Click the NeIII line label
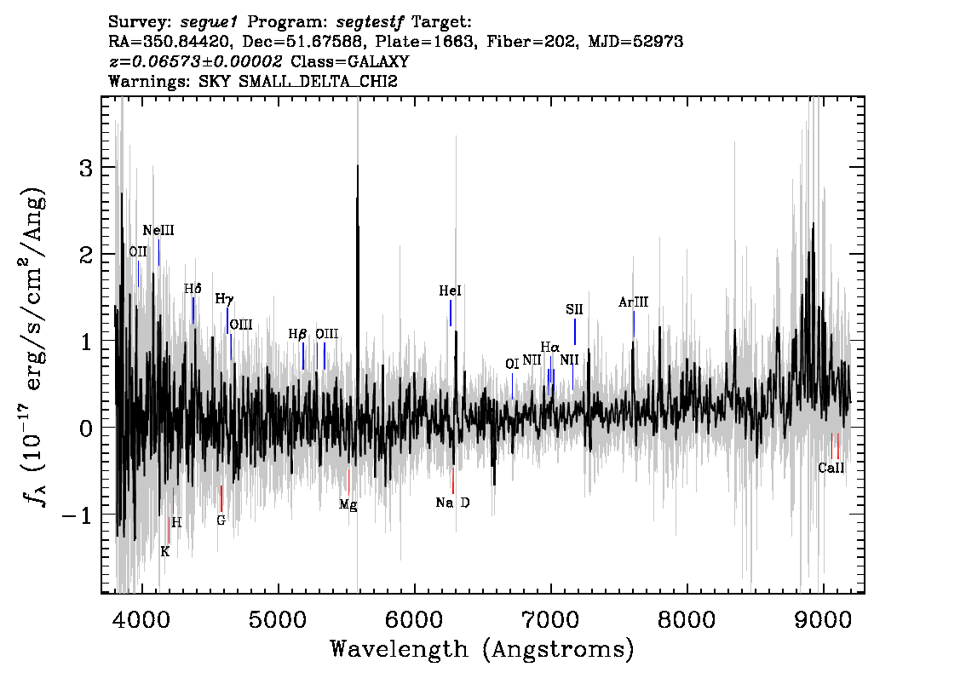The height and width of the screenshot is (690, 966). [158, 230]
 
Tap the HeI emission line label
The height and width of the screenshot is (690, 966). [450, 290]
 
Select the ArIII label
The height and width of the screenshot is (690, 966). [633, 302]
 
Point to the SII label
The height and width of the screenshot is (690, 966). [574, 309]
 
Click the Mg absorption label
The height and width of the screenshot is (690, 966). [348, 505]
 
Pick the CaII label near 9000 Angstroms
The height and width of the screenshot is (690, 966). [831, 468]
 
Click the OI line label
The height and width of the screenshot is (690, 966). [512, 364]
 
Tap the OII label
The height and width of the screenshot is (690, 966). [138, 251]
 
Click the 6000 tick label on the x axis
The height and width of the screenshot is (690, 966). [415, 619]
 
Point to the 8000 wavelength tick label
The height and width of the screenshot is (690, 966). [687, 619]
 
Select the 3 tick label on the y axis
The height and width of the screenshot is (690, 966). [86, 168]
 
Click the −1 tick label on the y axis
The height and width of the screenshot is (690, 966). [77, 515]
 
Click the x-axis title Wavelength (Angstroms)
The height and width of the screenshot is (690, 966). [482, 649]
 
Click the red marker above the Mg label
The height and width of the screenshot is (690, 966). [348, 481]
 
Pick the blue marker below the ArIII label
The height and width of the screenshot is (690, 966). [633, 324]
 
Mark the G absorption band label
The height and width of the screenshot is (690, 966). [221, 520]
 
